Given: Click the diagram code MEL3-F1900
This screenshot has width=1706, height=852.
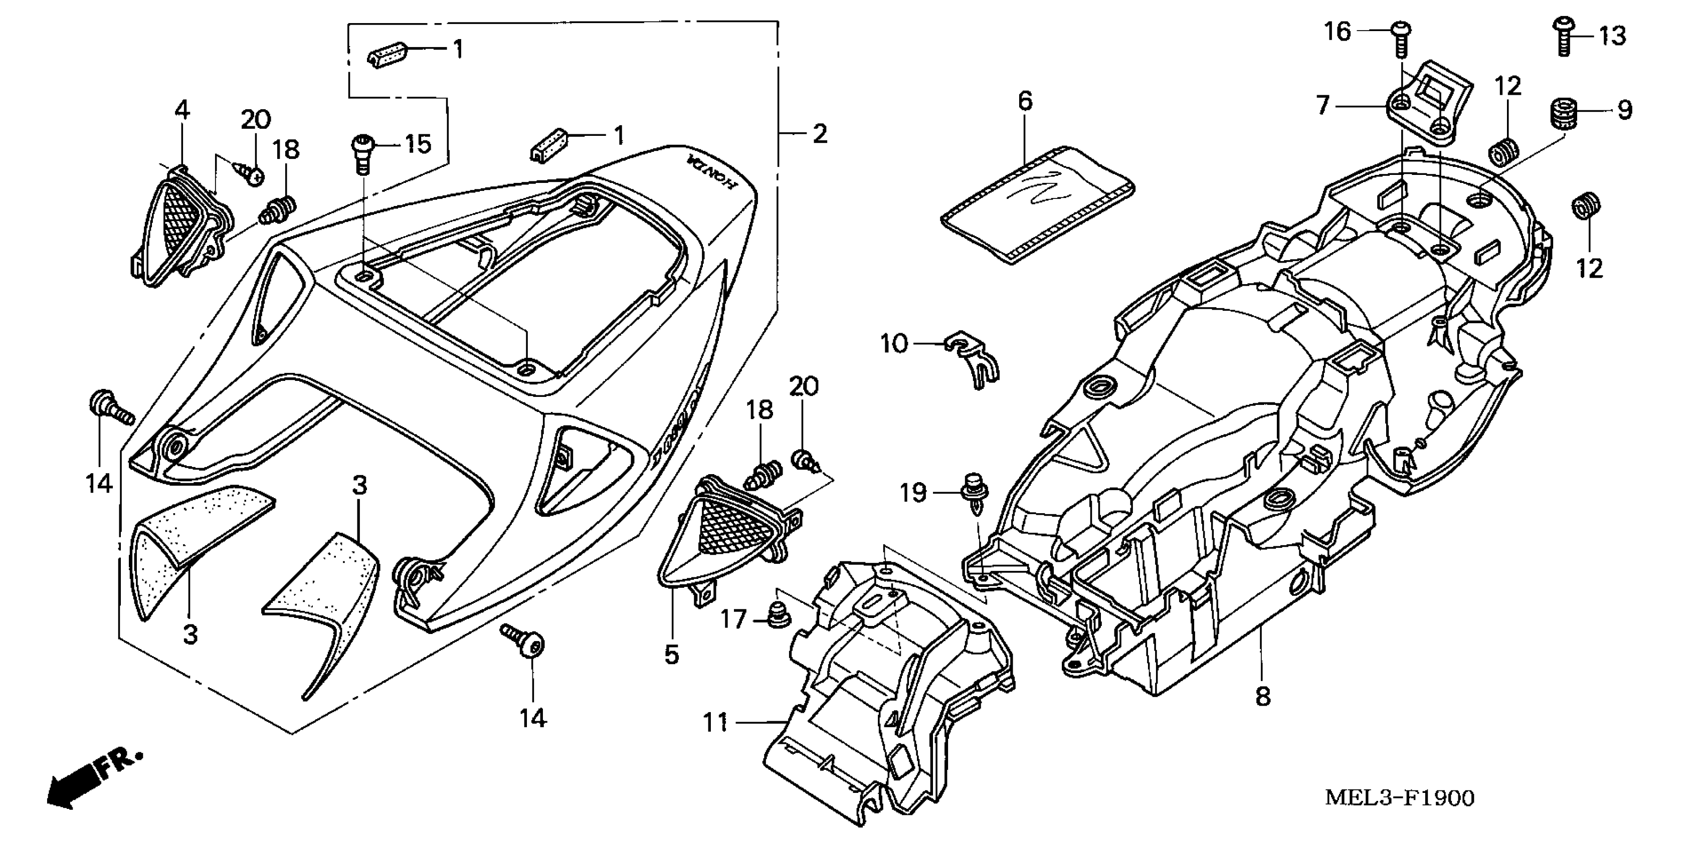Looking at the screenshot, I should coord(1399,798).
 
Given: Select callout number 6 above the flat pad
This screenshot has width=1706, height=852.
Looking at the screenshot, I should coord(1025,101).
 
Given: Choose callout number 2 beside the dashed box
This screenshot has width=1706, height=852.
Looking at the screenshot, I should coord(820,134).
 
